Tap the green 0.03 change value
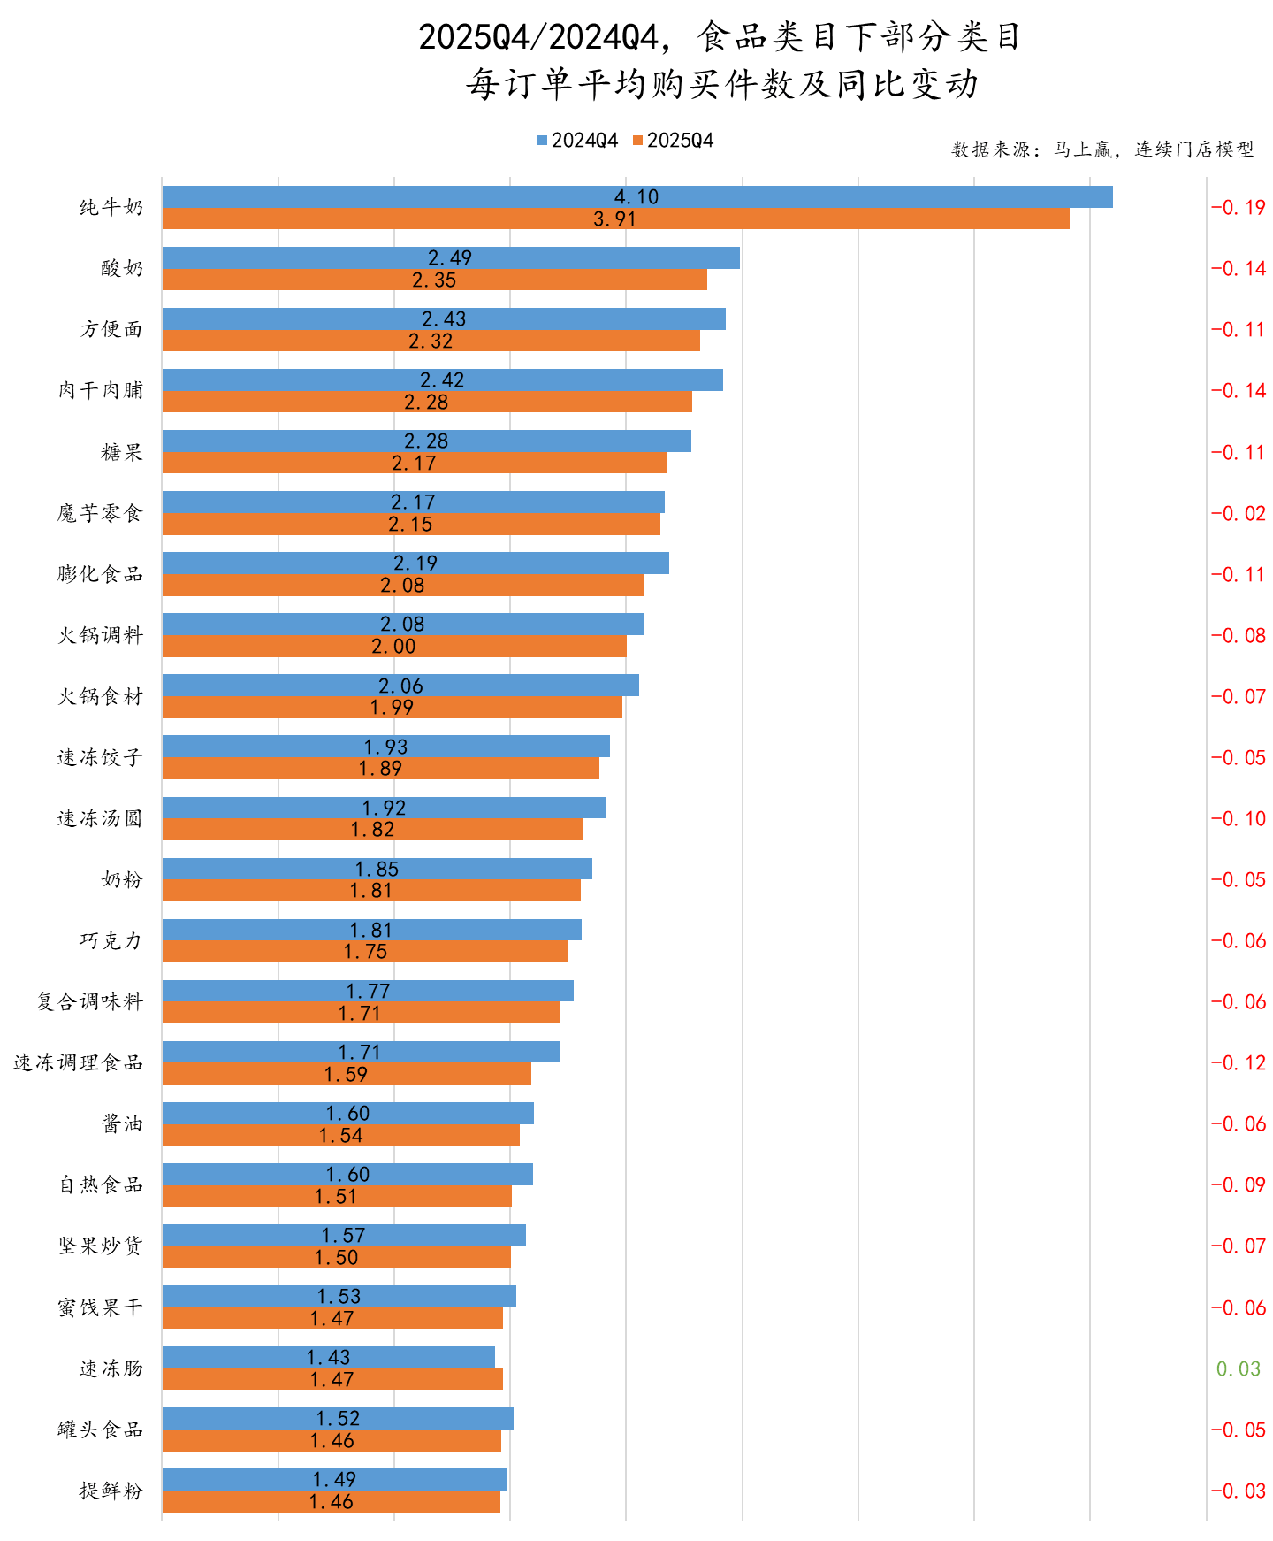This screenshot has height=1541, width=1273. [1238, 1369]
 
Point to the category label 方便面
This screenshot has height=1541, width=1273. [111, 329]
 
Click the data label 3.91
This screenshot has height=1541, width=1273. [614, 219]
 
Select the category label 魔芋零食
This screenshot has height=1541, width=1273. [99, 513]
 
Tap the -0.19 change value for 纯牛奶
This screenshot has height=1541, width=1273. [1238, 208]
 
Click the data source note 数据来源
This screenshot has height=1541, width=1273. [1101, 149]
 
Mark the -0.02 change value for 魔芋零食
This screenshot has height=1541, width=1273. [1238, 514]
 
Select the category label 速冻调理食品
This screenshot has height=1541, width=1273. [78, 1062]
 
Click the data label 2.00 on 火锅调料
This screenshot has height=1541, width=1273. [393, 647]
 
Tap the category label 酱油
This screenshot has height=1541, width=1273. [121, 1123]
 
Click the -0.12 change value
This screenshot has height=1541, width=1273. [1238, 1063]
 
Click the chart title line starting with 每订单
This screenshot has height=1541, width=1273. [722, 85]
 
